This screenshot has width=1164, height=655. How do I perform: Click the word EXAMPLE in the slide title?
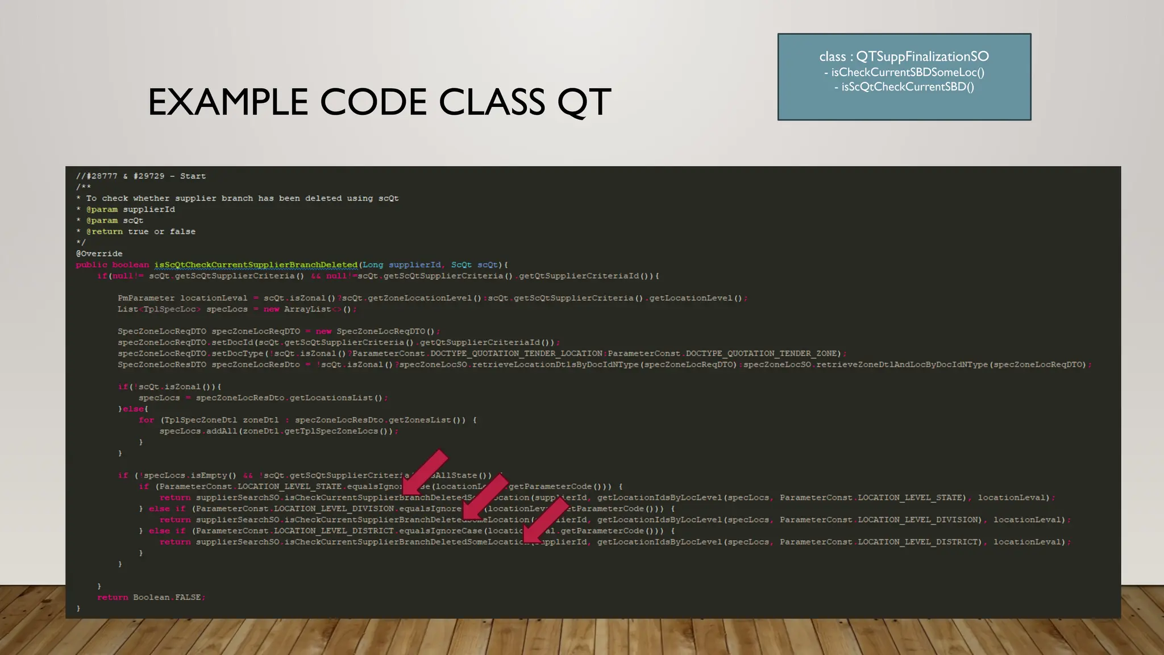click(x=228, y=102)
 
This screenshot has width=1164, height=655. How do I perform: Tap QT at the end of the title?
click(x=584, y=103)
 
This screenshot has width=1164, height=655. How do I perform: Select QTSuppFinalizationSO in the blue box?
click(x=922, y=57)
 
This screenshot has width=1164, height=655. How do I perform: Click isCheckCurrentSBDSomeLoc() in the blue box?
click(x=908, y=72)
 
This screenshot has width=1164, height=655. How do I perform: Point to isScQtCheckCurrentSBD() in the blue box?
click(x=908, y=87)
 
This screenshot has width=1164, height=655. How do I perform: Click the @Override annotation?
click(x=99, y=254)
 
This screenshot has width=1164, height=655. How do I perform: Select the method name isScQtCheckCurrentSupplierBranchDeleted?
click(x=256, y=265)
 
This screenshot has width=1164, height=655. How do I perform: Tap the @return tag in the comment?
click(x=105, y=231)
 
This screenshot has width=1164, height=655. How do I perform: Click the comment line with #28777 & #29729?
click(x=141, y=176)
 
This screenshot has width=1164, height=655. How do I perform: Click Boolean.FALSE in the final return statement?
click(x=167, y=598)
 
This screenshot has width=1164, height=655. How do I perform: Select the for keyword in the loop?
click(x=146, y=420)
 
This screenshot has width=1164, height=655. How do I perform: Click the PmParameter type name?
click(x=146, y=298)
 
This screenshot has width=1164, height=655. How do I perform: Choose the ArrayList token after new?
click(x=307, y=309)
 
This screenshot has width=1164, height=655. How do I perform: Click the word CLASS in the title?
click(x=492, y=102)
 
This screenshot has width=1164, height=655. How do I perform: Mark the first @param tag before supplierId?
click(x=102, y=209)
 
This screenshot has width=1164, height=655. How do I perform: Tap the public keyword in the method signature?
click(x=92, y=265)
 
